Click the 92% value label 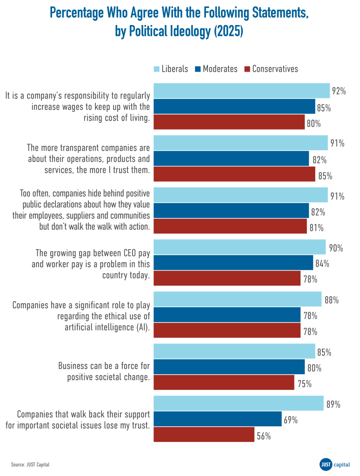coord(339,91)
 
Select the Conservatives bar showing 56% coord(204,435)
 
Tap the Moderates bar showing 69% coord(217,419)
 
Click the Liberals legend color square coord(157,69)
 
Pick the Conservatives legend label coord(275,69)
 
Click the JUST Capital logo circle coord(326,464)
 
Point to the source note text coord(30,464)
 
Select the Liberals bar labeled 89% coord(238,403)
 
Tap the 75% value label coord(304,383)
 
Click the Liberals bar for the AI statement coord(237,299)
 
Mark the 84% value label coord(322,264)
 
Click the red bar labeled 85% coord(234,174)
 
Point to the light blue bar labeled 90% coord(240,247)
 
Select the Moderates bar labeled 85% coord(234,106)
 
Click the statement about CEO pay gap coord(93,264)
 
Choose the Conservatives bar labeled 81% coord(230,226)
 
